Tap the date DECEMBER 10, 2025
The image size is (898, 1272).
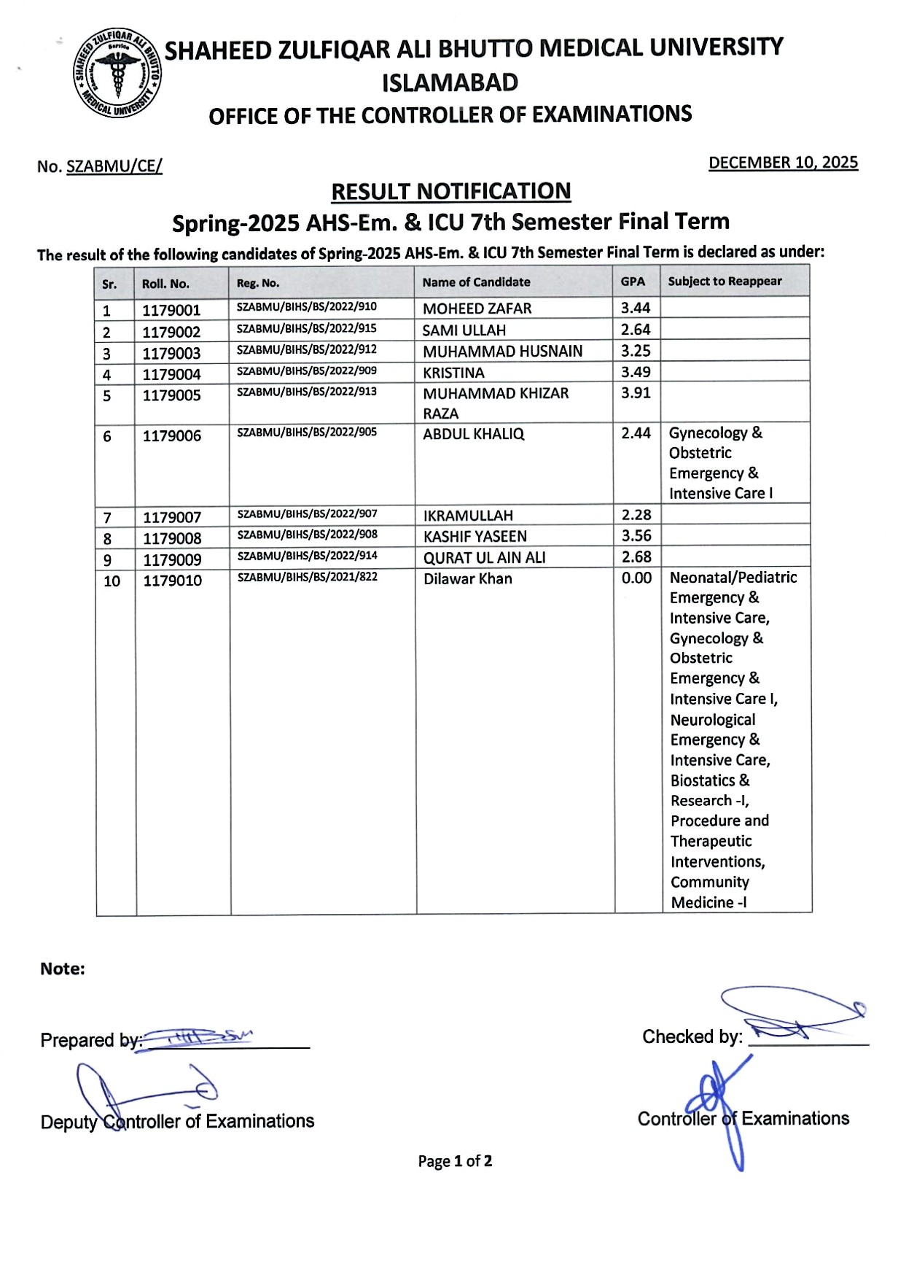(783, 163)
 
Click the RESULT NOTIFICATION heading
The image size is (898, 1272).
(450, 191)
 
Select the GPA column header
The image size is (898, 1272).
(633, 282)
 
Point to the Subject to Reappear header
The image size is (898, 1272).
(725, 282)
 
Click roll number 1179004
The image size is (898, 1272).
(171, 375)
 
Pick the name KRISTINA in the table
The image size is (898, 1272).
(453, 373)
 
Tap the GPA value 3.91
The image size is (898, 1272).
(636, 393)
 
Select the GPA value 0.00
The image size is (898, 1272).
(636, 578)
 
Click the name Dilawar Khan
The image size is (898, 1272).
(468, 579)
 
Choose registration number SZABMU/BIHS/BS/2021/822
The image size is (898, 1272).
(307, 577)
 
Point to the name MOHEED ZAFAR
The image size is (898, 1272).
(477, 309)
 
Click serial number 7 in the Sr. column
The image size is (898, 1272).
(107, 518)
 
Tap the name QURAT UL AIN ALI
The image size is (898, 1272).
(485, 558)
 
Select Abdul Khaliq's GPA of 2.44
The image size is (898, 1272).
(636, 433)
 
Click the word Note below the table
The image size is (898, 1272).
(63, 969)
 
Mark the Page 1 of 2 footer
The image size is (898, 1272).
(455, 1160)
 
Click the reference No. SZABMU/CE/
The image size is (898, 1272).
(100, 166)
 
